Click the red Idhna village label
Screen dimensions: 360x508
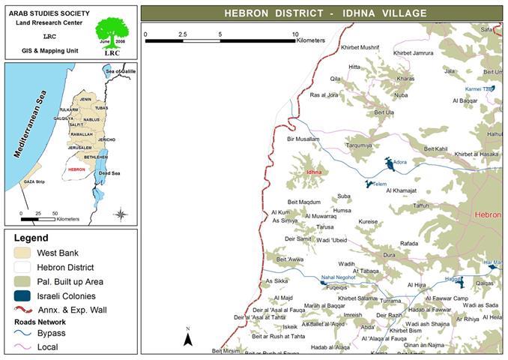point(313,172)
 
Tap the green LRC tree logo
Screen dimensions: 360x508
point(110,33)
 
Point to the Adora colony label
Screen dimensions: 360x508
point(399,163)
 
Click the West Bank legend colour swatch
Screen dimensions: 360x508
point(21,253)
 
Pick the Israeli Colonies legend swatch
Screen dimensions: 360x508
point(21,295)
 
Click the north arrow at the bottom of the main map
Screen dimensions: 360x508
point(189,338)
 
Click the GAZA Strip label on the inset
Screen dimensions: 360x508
point(34,182)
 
